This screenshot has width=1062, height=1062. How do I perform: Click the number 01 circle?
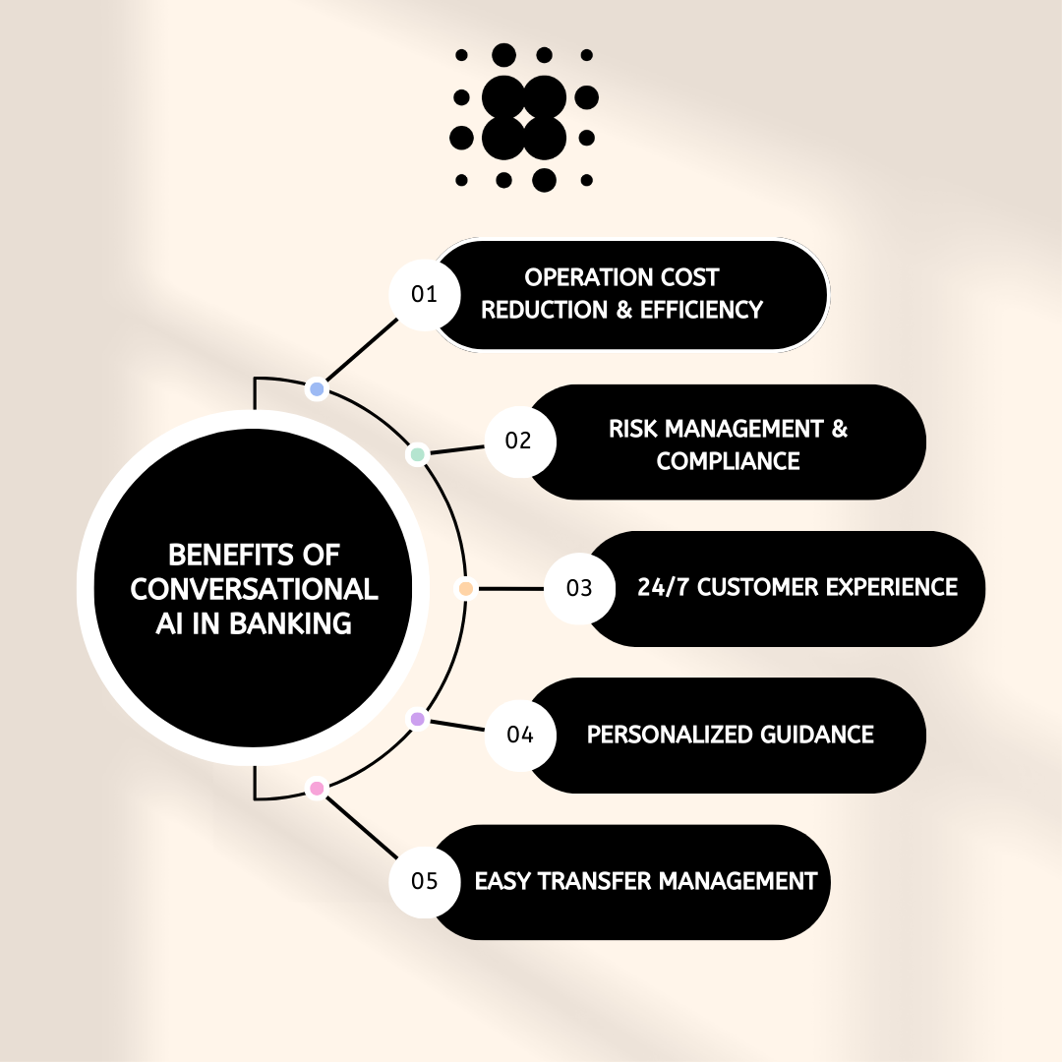click(x=424, y=294)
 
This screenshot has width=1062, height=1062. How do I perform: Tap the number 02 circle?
click(x=519, y=441)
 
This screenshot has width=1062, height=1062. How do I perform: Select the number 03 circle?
click(x=579, y=588)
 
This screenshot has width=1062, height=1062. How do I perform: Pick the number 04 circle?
click(x=519, y=735)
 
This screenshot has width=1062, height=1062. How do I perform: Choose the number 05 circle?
click(x=424, y=880)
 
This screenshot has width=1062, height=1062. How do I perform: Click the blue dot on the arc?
click(x=317, y=389)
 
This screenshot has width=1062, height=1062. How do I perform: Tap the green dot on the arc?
click(x=418, y=455)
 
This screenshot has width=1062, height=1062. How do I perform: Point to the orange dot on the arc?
click(x=466, y=589)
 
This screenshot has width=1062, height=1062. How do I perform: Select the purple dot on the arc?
click(x=417, y=720)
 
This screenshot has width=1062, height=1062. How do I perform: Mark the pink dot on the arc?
click(x=317, y=788)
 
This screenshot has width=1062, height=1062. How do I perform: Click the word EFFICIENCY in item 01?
click(x=701, y=310)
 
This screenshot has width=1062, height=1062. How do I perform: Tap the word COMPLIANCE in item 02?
click(x=728, y=460)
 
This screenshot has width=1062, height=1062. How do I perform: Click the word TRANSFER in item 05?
click(x=606, y=880)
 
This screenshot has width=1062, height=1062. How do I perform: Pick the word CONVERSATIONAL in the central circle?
click(x=254, y=588)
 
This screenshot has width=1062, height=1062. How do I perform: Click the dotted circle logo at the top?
click(x=524, y=117)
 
